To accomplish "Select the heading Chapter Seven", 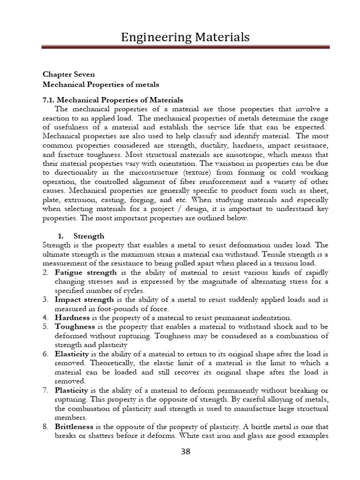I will pyautogui.click(x=68, y=75).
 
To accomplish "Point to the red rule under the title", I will pyautogui.click(x=185, y=47).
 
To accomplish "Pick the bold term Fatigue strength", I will pyautogui.click(x=86, y=272).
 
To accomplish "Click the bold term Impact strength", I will pyautogui.click(x=84, y=299).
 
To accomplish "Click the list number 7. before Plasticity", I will pyautogui.click(x=46, y=390).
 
